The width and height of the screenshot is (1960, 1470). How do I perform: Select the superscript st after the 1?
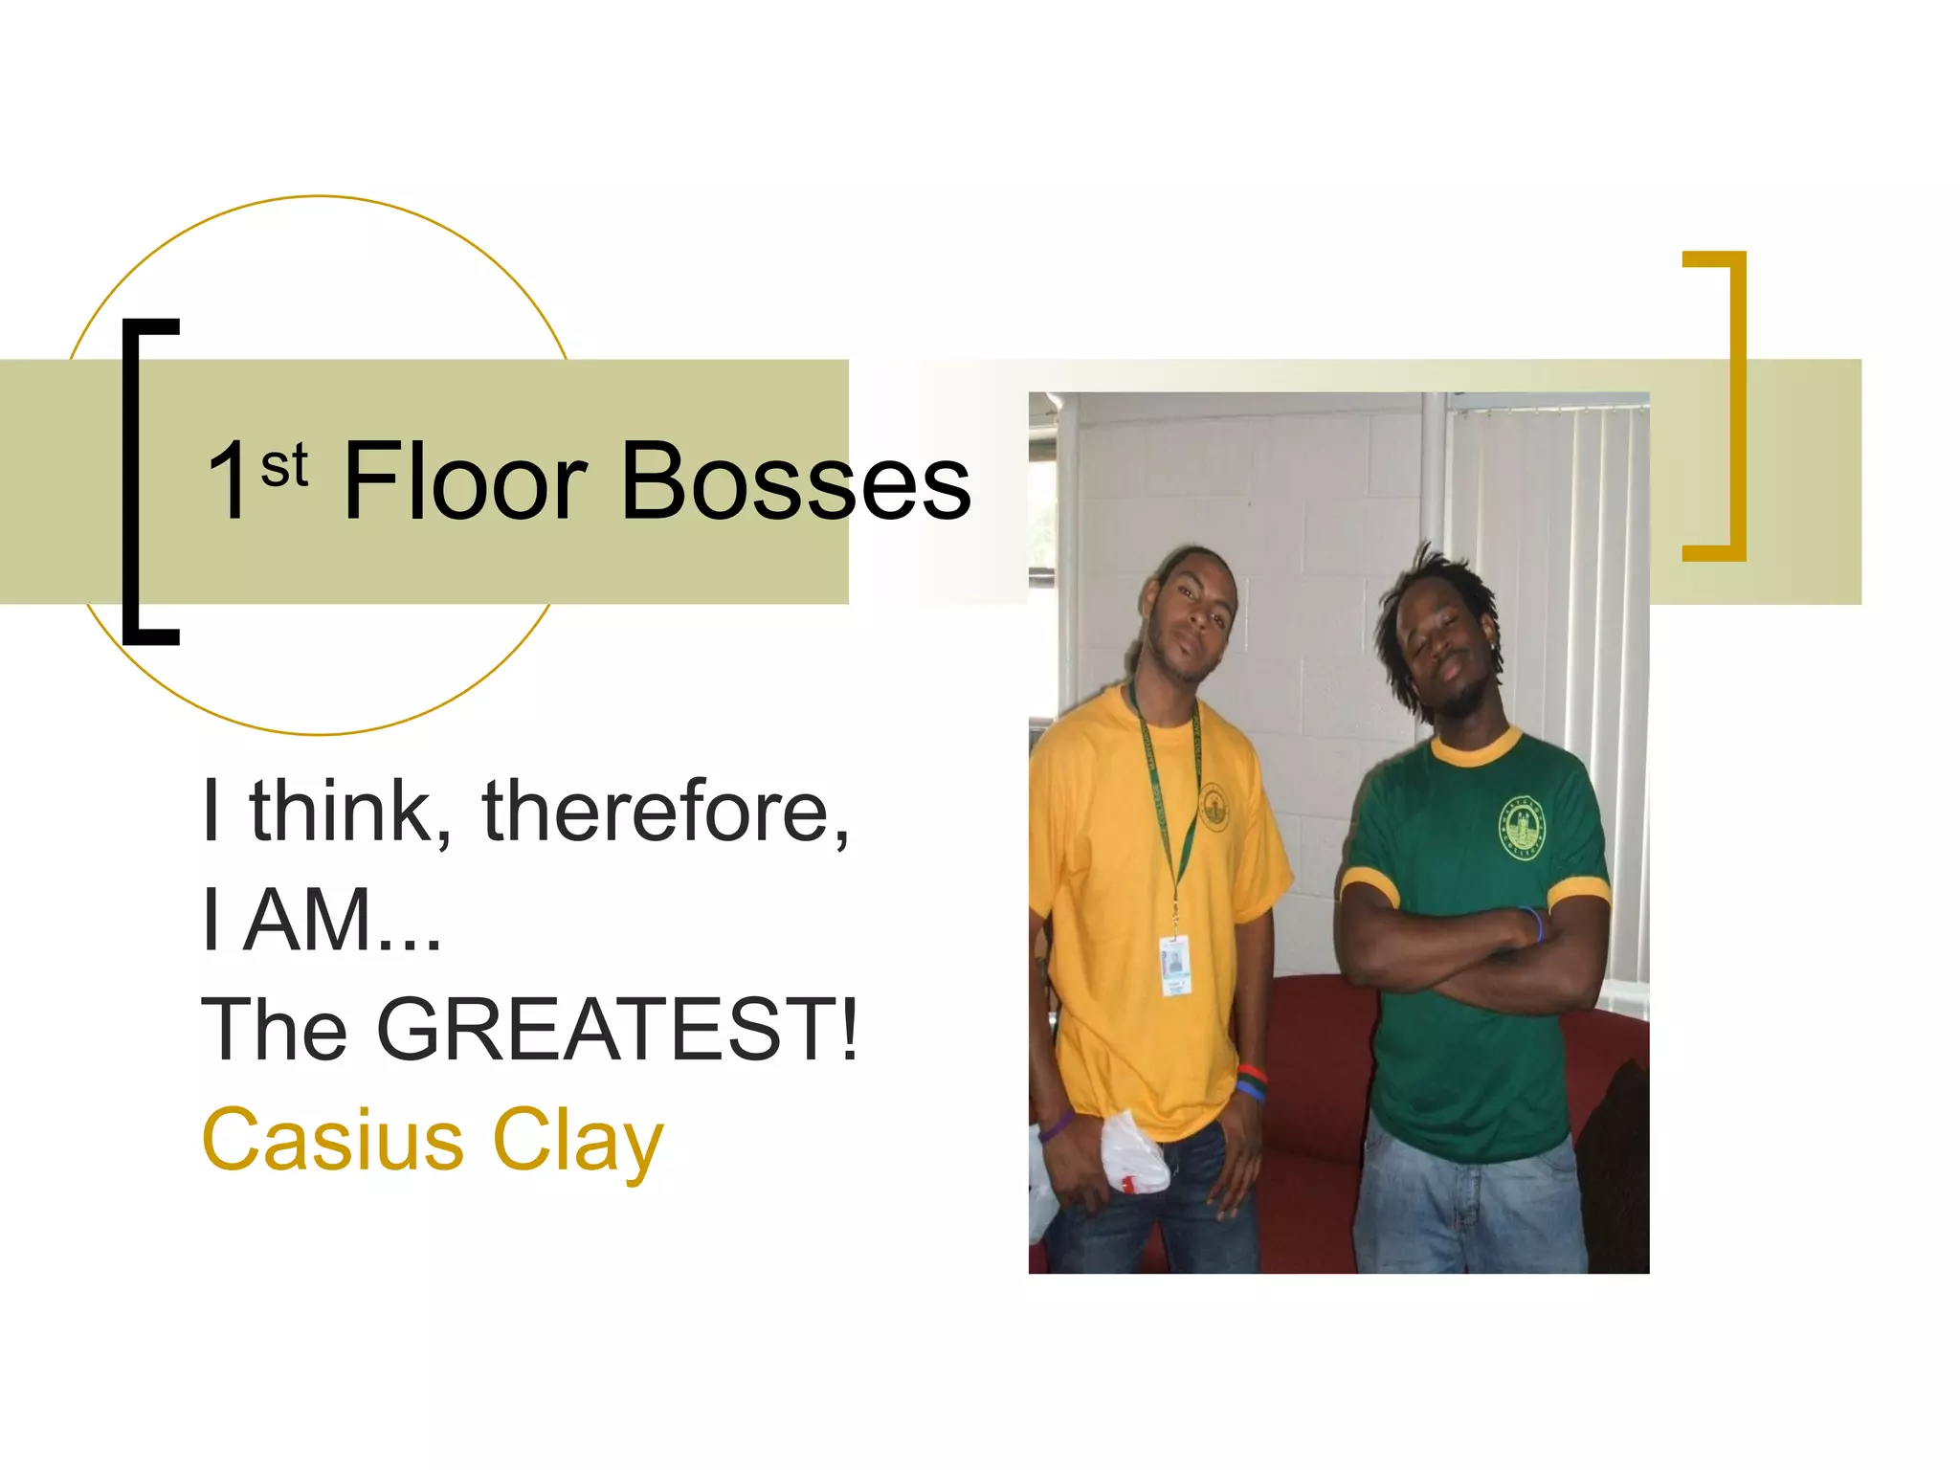(284, 466)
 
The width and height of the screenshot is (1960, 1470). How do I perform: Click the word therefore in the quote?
(664, 812)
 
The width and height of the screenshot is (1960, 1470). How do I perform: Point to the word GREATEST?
(618, 1030)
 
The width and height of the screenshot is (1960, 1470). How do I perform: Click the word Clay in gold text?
(577, 1140)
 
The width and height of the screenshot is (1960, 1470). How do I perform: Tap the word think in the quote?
(348, 812)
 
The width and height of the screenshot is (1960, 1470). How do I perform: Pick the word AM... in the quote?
(342, 921)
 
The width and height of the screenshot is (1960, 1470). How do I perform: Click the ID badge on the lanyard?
(1174, 966)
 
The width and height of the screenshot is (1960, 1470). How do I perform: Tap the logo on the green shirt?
(1522, 827)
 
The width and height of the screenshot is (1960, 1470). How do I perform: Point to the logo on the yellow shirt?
(1214, 807)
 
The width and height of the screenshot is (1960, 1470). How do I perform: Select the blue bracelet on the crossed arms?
(1534, 924)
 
